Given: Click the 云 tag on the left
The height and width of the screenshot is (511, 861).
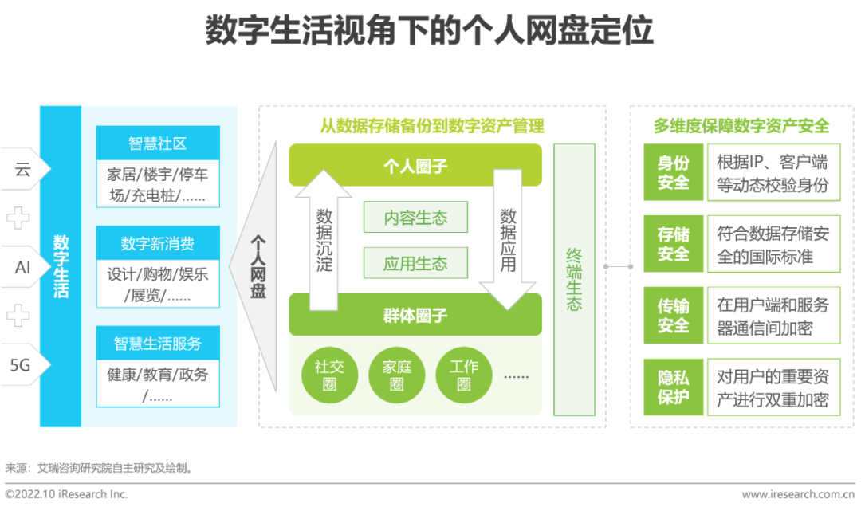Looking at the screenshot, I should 23,169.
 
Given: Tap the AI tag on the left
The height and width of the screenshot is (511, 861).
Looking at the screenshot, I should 23,268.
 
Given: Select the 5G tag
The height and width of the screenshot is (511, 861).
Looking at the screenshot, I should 22,365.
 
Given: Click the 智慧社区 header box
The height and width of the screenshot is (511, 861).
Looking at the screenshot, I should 157,143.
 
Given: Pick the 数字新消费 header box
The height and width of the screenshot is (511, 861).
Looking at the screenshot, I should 157,243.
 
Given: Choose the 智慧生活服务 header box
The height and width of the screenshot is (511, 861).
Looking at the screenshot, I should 157,344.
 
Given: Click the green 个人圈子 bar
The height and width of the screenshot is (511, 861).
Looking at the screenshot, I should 415,166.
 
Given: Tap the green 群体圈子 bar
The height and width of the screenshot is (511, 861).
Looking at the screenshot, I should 415,315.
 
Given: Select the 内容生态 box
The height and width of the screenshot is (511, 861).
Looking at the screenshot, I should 415,218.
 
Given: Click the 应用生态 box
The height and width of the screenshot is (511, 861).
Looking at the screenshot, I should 415,264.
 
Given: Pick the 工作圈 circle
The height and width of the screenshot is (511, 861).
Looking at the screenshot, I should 463,375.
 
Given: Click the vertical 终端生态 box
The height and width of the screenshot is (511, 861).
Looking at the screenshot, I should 574,280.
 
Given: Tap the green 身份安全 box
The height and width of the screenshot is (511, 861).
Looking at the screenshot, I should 674,172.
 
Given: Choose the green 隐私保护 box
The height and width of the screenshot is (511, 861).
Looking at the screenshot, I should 674,387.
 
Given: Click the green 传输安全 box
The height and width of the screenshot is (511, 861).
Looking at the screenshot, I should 674,316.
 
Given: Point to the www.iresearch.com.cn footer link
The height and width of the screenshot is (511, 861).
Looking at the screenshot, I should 797,494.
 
